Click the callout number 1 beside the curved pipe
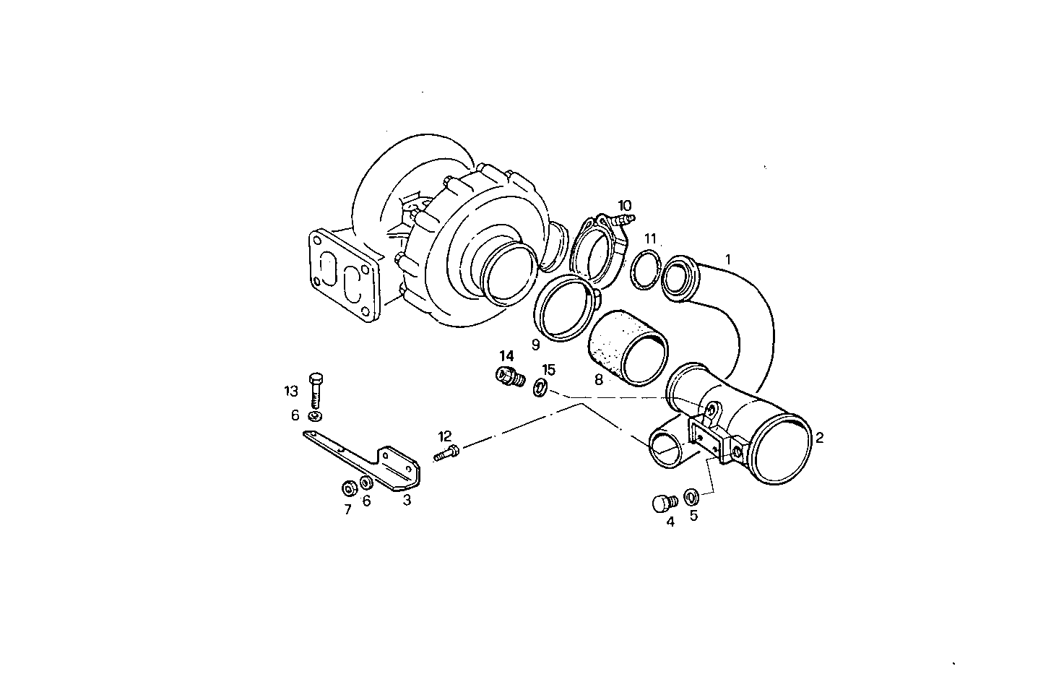click(x=728, y=259)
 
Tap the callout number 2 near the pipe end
click(x=819, y=438)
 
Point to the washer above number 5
click(x=691, y=497)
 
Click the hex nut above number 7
click(x=348, y=488)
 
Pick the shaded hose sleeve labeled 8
click(x=625, y=347)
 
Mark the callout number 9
click(x=535, y=345)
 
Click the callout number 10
click(x=624, y=205)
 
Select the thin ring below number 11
click(x=644, y=270)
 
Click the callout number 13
click(x=290, y=391)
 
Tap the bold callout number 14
click(x=506, y=355)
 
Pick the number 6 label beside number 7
click(x=366, y=501)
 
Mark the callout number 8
click(x=598, y=379)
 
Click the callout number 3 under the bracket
click(x=407, y=500)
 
